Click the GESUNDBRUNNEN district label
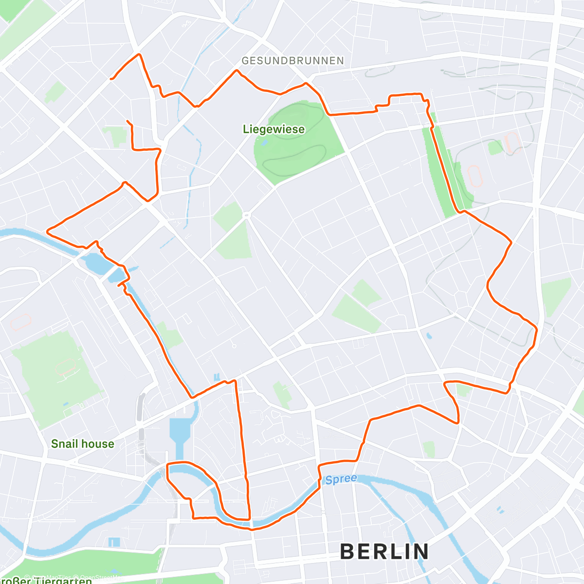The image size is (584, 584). tap(292, 61)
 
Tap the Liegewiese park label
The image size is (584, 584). tap(274, 129)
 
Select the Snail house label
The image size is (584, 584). tap(82, 444)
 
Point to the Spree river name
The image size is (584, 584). tap(341, 479)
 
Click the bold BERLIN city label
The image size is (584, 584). tap(384, 551)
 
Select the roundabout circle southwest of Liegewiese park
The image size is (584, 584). tap(246, 215)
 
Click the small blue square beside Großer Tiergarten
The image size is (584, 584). tap(114, 542)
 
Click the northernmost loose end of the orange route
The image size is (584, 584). tap(111, 78)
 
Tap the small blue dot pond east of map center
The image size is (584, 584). tap(428, 336)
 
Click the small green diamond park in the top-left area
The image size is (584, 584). tap(55, 92)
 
